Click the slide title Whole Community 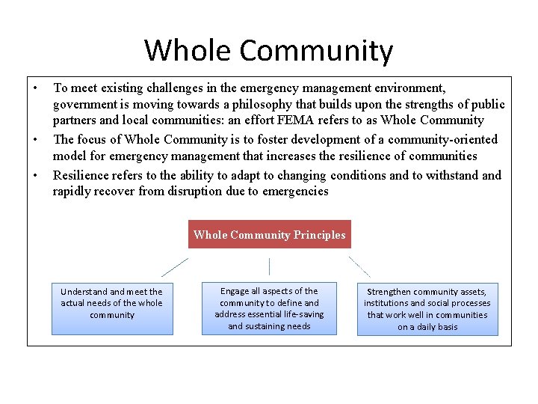(268, 51)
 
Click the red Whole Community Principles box (269, 235)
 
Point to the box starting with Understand (112, 307)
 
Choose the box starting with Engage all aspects (269, 307)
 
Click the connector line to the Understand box (175, 267)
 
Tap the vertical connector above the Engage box (269, 266)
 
